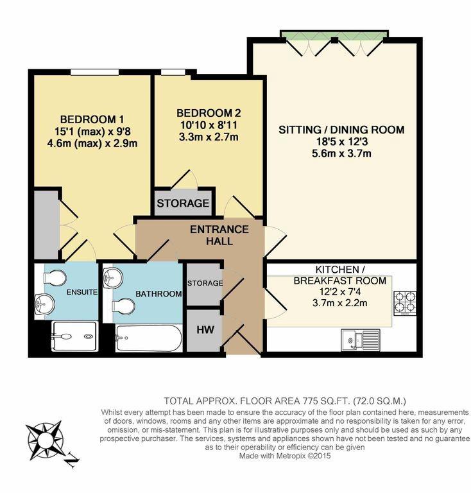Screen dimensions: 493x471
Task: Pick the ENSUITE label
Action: (81, 292)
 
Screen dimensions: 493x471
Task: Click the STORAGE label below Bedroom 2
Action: (184, 203)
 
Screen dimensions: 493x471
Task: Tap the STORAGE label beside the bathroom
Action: (203, 283)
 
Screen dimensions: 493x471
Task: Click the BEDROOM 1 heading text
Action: (92, 119)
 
